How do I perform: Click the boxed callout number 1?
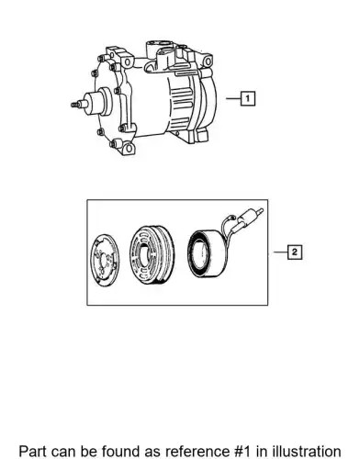click(x=248, y=98)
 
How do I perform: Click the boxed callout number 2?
click(x=295, y=252)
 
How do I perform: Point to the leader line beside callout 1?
click(x=233, y=98)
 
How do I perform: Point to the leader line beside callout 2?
click(x=280, y=252)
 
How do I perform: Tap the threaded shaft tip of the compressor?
click(x=75, y=105)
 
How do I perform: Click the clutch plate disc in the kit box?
click(x=106, y=261)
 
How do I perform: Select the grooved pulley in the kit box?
click(x=151, y=255)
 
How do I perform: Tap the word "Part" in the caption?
click(x=32, y=452)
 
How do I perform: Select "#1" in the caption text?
click(x=242, y=452)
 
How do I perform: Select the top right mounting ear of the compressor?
click(x=207, y=61)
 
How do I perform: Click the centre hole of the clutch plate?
click(x=105, y=261)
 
